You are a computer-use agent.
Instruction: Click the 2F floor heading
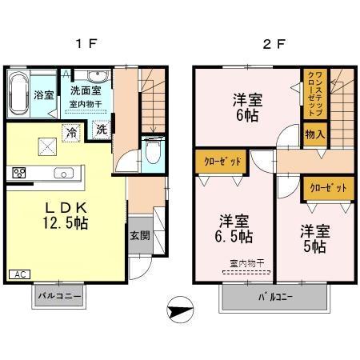coord(274,44)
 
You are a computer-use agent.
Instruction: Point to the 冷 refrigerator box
coord(72,132)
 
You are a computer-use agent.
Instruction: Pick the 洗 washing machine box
coord(102,130)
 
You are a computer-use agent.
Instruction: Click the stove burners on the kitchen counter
coord(19,172)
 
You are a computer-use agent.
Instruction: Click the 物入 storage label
coord(314,134)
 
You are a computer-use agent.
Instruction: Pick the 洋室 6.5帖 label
coord(235,229)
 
